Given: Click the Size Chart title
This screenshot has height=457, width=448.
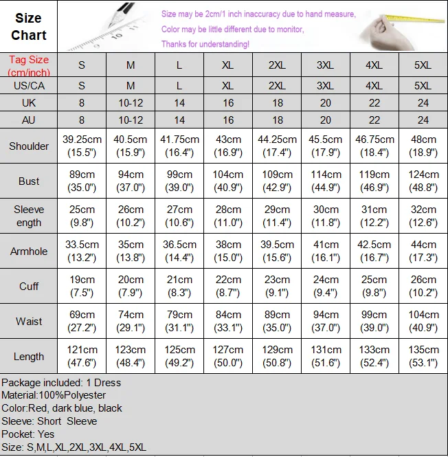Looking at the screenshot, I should pos(29,27).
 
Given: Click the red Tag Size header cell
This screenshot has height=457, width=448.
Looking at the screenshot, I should pos(29,65).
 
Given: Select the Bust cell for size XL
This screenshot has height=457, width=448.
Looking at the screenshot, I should pos(228,181).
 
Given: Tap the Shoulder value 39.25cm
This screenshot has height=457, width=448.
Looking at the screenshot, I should pos(82,146).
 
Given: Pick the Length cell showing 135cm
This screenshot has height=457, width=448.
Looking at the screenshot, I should pos(423,356).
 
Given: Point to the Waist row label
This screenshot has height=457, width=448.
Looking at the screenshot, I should pos(29,321).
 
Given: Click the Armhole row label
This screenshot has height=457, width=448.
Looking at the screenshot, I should pos(29,252).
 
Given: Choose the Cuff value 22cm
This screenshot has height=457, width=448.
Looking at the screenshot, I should pos(228,286).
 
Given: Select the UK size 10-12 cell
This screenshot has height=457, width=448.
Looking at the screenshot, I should pos(131,103).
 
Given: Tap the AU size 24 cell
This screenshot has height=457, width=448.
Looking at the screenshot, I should pos(423,120).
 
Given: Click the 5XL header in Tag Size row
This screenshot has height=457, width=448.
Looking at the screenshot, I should pos(423,65).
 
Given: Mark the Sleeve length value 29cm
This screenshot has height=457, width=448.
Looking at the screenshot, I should pos(277,216).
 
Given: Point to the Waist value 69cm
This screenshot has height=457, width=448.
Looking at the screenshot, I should pos(82,321).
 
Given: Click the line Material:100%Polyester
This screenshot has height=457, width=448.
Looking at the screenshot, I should pos(54,395).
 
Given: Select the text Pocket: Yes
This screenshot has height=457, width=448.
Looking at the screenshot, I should pos(27,434).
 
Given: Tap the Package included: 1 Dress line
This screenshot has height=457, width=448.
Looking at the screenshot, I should pos(61,382).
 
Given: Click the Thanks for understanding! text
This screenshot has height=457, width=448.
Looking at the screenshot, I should pos(205,44).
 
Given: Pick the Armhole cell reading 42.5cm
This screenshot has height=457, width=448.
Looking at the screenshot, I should pos(374,252).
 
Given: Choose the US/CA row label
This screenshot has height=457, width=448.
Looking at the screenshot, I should pos(29,86).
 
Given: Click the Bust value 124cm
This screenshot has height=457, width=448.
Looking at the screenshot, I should pos(423,181).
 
